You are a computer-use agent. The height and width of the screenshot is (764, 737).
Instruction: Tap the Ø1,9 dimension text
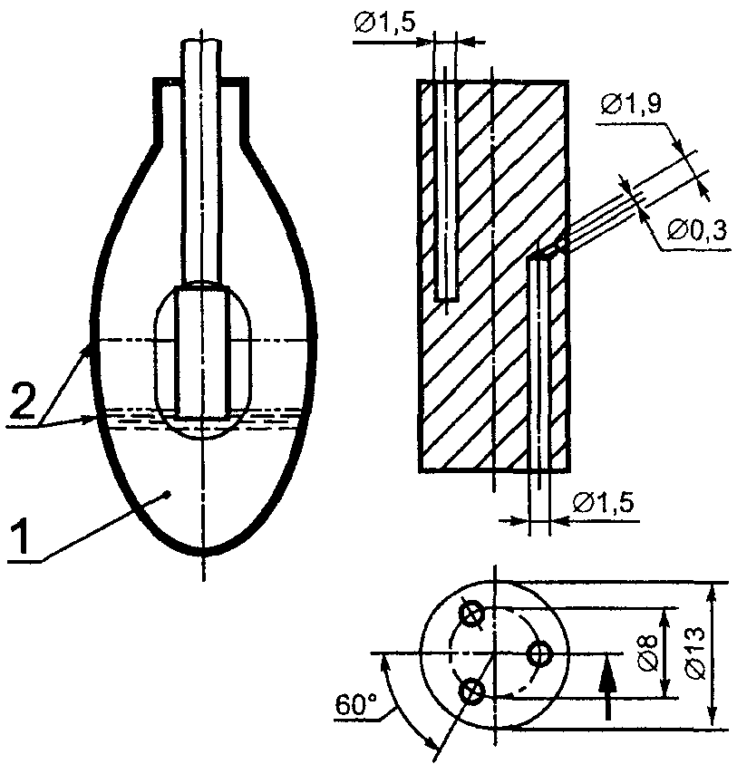[631, 103]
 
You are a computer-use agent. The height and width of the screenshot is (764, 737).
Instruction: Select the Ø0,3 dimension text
[698, 230]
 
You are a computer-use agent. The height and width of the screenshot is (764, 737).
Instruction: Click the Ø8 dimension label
[648, 653]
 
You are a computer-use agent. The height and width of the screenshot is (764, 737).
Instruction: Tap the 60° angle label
[356, 705]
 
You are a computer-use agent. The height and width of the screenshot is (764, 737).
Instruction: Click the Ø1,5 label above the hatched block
[385, 24]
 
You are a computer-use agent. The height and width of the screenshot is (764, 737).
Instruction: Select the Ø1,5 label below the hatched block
[603, 503]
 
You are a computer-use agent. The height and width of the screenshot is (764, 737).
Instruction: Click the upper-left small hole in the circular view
[471, 614]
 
